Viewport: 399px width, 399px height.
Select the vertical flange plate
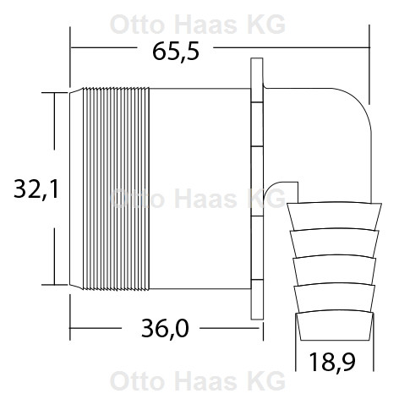258,189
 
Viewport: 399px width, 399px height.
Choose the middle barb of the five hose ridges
332,270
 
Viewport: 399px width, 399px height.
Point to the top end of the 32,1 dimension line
56,90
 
